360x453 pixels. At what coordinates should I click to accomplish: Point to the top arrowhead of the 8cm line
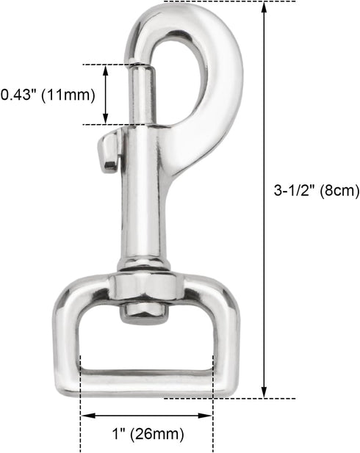click(x=264, y=6)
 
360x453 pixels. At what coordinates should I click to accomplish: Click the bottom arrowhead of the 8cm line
click(x=264, y=394)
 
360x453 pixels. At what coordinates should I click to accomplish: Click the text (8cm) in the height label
click(x=339, y=192)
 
